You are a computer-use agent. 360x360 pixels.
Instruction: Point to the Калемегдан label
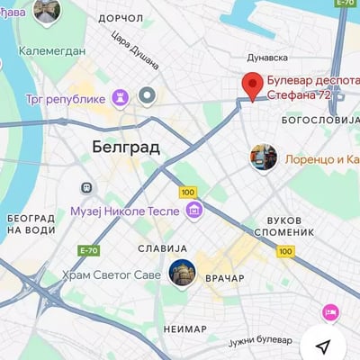pyautogui.click(x=51, y=50)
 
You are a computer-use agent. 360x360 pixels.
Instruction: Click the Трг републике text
pyautogui.click(x=66, y=98)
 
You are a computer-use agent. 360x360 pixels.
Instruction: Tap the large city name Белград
pyautogui.click(x=125, y=146)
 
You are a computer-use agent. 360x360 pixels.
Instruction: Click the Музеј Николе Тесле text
pyautogui.click(x=126, y=211)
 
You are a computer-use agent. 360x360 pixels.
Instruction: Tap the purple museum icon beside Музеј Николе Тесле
pyautogui.click(x=193, y=211)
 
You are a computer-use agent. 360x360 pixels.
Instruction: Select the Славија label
pyautogui.click(x=162, y=247)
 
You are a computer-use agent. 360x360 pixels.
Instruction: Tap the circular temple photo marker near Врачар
pyautogui.click(x=182, y=273)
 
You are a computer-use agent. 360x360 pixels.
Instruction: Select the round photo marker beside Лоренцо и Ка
pyautogui.click(x=263, y=158)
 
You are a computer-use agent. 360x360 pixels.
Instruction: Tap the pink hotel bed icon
pyautogui.click(x=330, y=312)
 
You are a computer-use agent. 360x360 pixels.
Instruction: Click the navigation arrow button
pyautogui.click(x=323, y=346)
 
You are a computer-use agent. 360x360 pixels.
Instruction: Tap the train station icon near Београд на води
pyautogui.click(x=86, y=188)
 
